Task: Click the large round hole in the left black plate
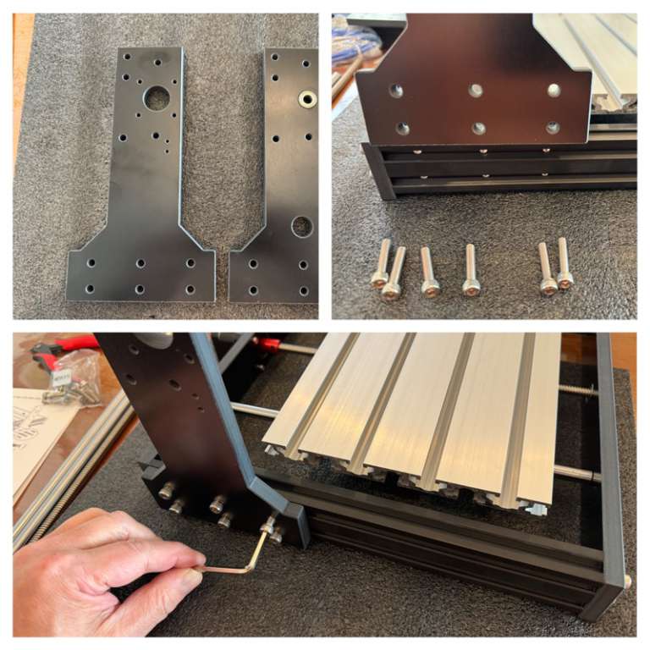(157, 99)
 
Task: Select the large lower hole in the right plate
(302, 226)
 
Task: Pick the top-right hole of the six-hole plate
(554, 90)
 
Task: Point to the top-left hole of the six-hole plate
(396, 90)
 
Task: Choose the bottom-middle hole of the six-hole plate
(478, 129)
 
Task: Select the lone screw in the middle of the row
(471, 271)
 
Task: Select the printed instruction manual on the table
(38, 432)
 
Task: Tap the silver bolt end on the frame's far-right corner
(627, 581)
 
